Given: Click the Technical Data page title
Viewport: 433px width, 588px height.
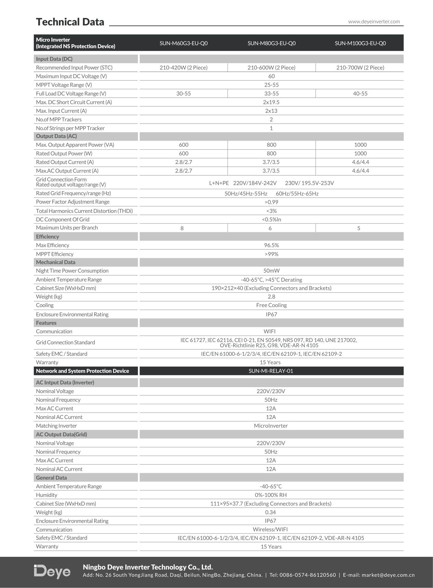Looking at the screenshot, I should [70, 22].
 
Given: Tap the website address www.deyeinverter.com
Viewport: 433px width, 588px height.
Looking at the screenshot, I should [374, 21].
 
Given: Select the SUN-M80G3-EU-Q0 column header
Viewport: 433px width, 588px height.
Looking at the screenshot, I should [271, 43].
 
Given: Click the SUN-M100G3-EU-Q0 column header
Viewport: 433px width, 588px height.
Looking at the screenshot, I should [360, 43].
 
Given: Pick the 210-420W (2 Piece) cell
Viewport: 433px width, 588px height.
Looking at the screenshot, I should [184, 68].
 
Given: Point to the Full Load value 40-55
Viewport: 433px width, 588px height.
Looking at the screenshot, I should [360, 94].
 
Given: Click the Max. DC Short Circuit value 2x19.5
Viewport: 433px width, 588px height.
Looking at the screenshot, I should [271, 102].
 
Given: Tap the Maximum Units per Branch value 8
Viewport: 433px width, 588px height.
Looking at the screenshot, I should [182, 228].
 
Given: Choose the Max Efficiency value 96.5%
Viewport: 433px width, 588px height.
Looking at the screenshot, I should [271, 245].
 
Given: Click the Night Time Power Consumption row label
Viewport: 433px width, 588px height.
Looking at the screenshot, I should [72, 271].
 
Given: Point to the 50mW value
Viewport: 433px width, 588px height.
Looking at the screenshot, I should [271, 271].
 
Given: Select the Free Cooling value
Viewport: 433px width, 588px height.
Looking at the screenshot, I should [271, 305].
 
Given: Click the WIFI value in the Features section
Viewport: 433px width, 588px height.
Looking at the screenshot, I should [269, 332].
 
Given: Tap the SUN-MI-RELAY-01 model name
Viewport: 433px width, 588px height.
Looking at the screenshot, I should [271, 371].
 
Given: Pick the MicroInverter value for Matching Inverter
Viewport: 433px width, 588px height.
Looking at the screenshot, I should [271, 426].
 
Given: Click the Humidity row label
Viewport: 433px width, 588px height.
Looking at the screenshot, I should [46, 495].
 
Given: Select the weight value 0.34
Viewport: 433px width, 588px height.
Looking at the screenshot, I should [270, 512].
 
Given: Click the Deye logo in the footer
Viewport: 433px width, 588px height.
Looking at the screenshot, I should [52, 572].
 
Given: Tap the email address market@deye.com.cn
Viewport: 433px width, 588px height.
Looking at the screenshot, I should [388, 575].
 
